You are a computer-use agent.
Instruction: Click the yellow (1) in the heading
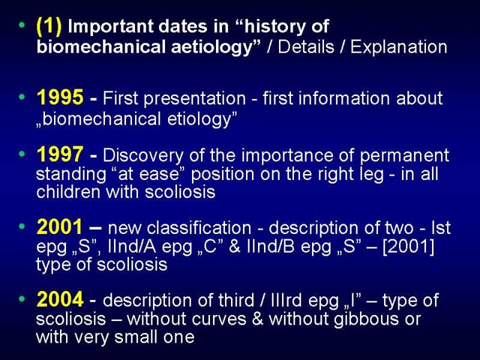coord(49,26)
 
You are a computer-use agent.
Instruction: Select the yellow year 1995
coord(60,97)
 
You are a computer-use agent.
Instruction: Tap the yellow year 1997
coord(60,154)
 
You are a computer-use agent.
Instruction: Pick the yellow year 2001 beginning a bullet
coord(59,227)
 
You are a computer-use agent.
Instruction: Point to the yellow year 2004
coord(60,299)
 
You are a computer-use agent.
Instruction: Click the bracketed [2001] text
coord(409,246)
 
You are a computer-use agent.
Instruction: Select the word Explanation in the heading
coord(398,47)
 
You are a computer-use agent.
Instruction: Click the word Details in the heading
coord(306,47)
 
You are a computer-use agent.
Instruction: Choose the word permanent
coord(404,156)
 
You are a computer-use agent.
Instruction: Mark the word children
coord(68,192)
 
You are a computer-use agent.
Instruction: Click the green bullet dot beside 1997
coord(22,154)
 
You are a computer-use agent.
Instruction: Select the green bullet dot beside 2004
coord(22,298)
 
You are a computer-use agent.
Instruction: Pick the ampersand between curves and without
coord(258,319)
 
